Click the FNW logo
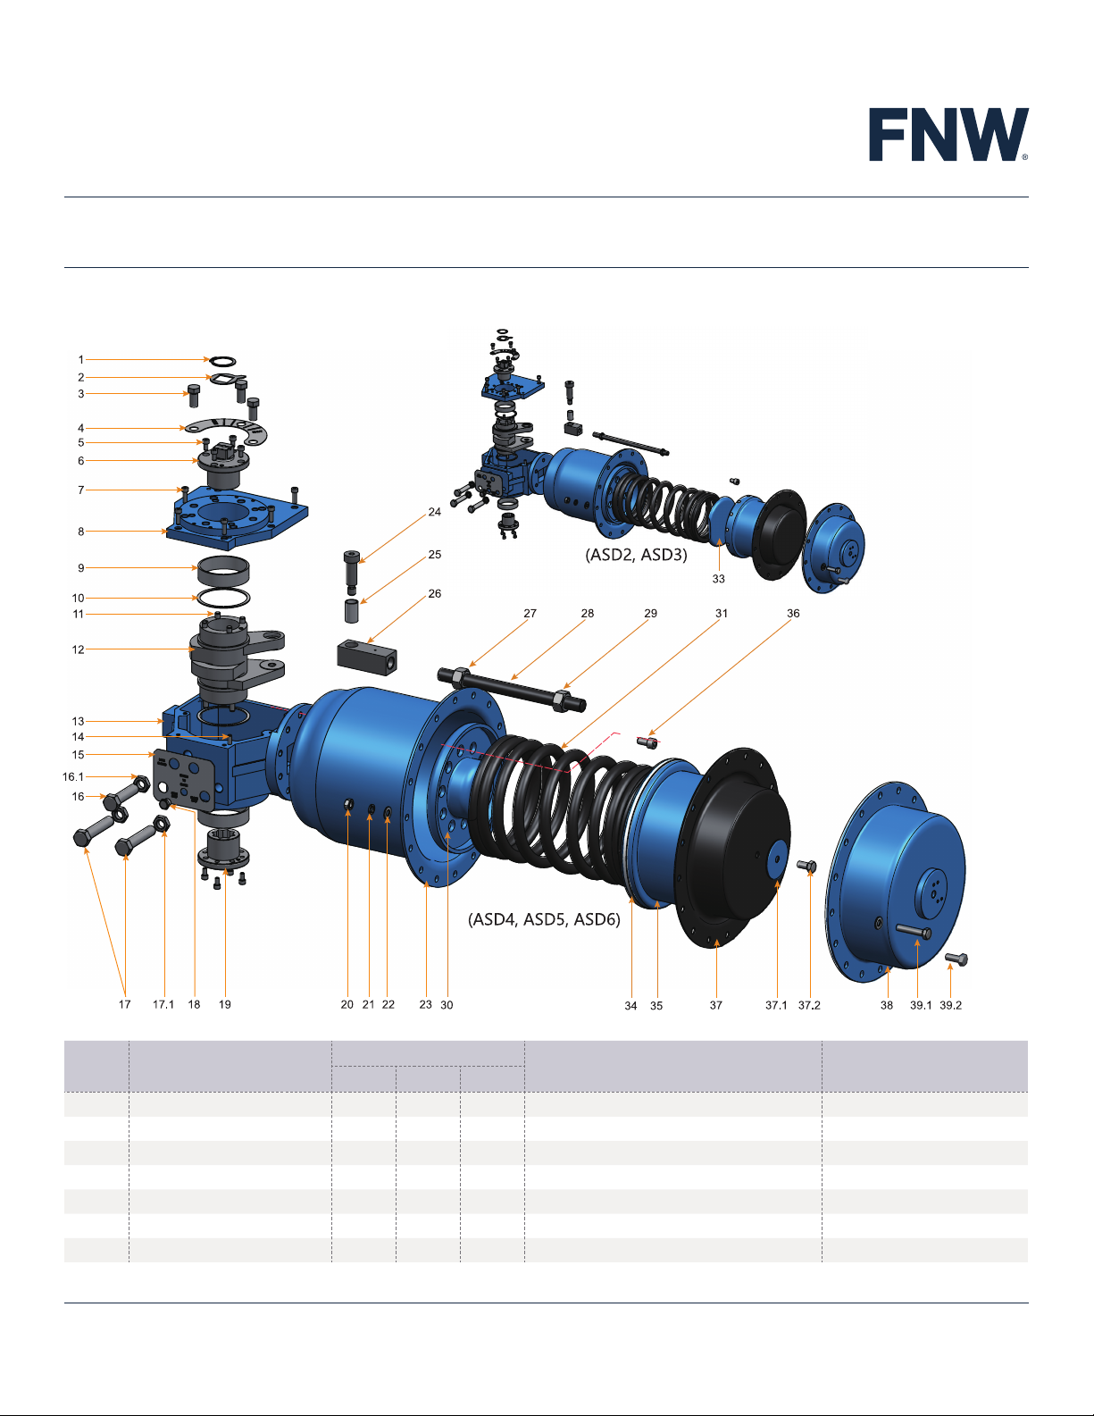(948, 134)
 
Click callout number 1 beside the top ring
(80, 360)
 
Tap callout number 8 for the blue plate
(80, 531)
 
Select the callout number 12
(79, 649)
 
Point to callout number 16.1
(73, 776)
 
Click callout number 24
(434, 512)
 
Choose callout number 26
(434, 593)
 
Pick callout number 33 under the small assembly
(718, 579)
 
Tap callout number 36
(793, 613)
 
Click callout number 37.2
(809, 1005)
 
